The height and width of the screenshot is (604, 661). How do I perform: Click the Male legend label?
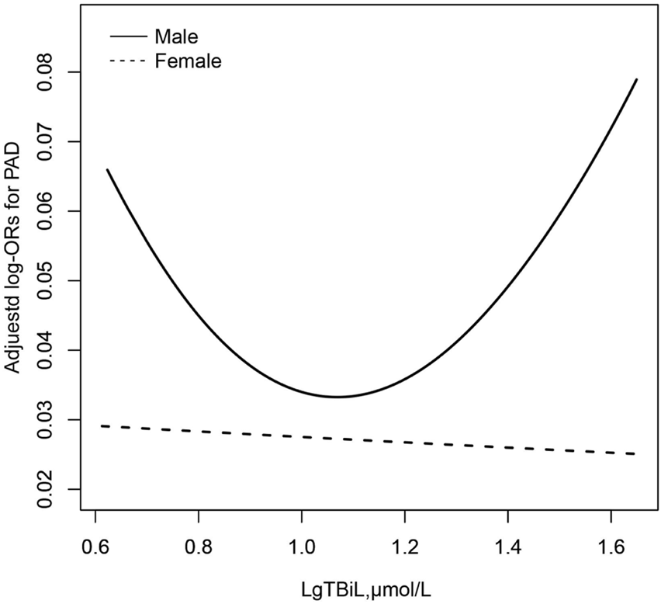coord(176,36)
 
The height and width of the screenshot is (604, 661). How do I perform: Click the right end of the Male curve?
coord(637,79)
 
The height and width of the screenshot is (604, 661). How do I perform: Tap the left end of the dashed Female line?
coord(102,425)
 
